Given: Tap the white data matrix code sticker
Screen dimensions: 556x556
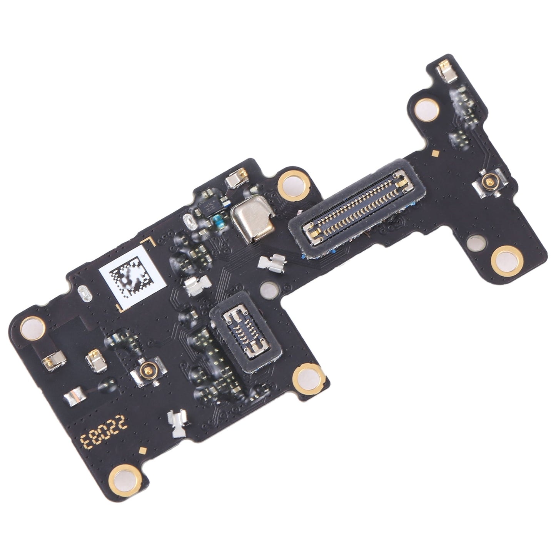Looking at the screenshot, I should coord(130,277).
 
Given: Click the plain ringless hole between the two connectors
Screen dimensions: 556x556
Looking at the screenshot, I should coord(268,287).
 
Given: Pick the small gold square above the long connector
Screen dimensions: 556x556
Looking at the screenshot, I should coord(435,154).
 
